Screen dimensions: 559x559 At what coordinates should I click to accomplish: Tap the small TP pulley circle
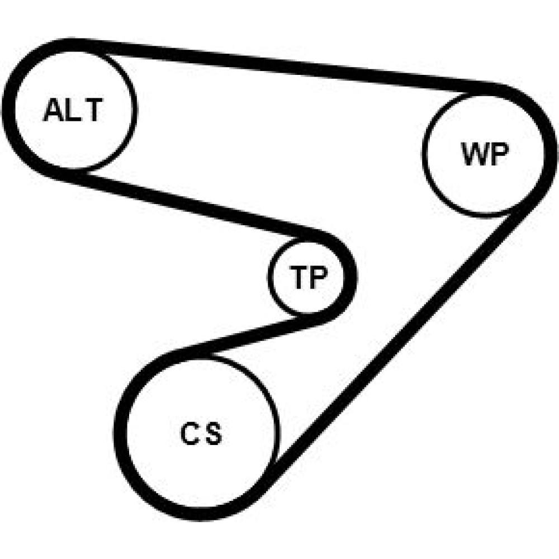pos(306,276)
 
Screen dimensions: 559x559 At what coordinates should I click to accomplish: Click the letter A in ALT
pos(54,110)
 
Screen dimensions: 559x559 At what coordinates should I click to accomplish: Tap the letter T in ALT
pos(93,110)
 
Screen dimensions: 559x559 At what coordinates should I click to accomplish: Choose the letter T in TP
pos(298,277)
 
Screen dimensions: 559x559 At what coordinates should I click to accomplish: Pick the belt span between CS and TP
pos(252,334)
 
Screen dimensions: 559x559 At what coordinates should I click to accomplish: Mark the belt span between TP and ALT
pos(184,204)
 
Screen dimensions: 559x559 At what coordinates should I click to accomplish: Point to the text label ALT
pos(73,110)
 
